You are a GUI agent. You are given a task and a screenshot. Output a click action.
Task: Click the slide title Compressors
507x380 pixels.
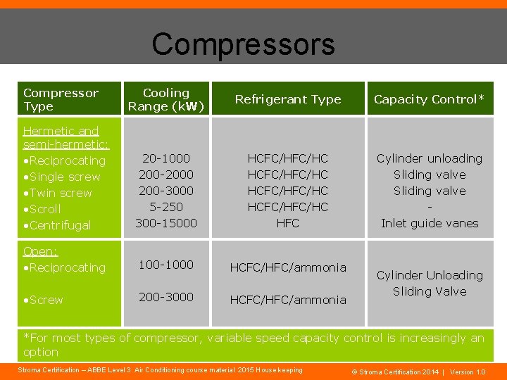(243, 44)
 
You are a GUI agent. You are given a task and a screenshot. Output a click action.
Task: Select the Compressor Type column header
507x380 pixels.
(61, 99)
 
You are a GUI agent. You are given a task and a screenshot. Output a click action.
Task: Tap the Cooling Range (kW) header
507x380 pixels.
(166, 99)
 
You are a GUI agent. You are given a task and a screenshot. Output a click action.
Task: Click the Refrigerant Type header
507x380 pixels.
(288, 99)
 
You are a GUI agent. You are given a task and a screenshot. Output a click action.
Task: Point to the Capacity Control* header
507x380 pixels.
(429, 99)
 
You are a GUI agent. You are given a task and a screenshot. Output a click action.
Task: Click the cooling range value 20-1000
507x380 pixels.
(166, 158)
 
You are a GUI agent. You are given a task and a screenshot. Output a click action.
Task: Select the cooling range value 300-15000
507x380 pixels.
(166, 223)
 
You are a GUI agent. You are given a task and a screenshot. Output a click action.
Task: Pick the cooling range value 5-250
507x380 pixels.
(166, 207)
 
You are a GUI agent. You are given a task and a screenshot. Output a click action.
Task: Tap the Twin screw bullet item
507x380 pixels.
(59, 193)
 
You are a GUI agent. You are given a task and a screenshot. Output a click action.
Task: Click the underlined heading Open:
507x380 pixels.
(40, 251)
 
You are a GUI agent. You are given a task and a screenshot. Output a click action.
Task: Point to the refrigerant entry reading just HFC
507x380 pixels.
(288, 223)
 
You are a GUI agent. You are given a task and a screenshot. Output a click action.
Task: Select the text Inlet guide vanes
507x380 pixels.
(430, 223)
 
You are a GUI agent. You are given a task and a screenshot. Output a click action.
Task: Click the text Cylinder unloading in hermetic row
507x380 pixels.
(430, 158)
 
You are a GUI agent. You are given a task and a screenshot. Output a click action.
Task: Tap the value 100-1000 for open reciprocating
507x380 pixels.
(166, 265)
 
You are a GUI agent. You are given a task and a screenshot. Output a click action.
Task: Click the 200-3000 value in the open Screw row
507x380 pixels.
(166, 297)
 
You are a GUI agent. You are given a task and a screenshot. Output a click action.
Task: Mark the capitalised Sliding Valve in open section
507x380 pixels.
(430, 291)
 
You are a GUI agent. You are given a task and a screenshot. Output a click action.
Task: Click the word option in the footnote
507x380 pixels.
(41, 352)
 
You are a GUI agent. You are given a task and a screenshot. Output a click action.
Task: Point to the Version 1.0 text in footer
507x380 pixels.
(468, 372)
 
